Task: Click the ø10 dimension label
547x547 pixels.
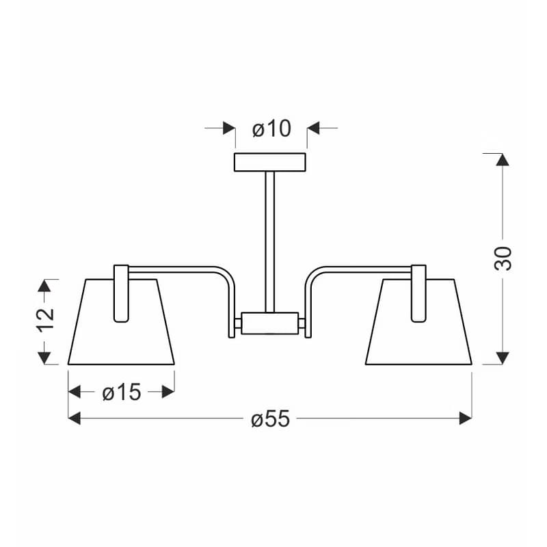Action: (271, 129)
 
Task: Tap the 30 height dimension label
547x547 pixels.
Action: (503, 258)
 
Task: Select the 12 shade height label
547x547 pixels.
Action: (45, 320)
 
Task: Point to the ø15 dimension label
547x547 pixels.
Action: (122, 392)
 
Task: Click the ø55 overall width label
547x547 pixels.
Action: (270, 418)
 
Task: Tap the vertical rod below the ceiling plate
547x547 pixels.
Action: (269, 242)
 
